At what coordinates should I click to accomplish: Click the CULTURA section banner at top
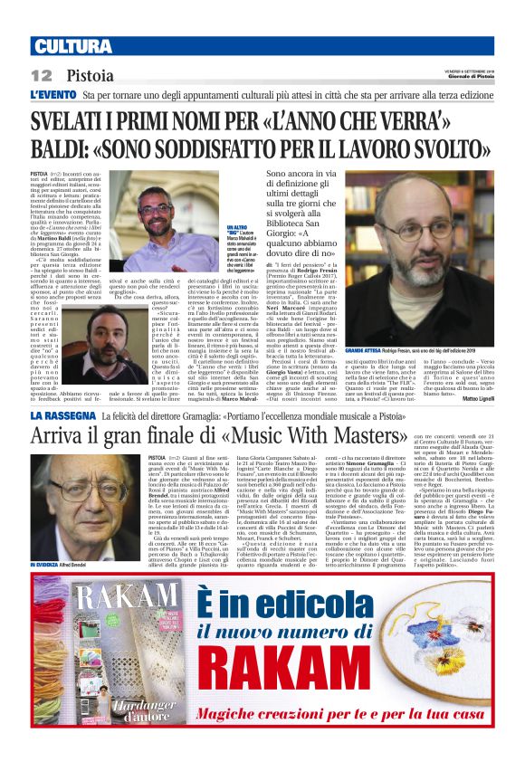[x=63, y=46]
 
